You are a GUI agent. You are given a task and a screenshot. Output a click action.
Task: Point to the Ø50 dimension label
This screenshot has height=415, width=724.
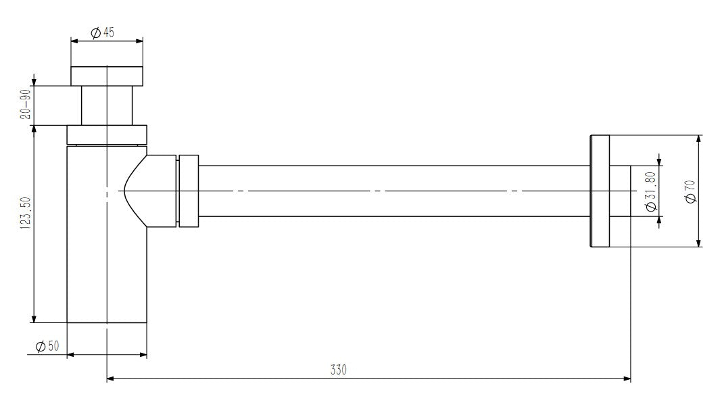point(47,346)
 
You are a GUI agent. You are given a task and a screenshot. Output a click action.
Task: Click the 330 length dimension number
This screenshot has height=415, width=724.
point(338,370)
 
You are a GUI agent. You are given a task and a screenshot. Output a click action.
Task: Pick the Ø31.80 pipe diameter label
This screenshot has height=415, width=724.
point(651,191)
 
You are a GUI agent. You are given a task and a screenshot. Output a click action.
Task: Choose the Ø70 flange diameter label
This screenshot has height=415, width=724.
point(690,191)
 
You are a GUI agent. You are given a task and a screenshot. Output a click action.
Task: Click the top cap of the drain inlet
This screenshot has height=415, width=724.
point(107,76)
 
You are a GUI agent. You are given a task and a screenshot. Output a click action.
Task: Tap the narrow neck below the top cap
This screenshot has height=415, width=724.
point(107,105)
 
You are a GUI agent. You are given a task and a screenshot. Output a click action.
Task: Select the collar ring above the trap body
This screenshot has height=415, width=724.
point(107,134)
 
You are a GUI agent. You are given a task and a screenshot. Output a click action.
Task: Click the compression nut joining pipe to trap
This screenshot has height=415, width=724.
point(188,191)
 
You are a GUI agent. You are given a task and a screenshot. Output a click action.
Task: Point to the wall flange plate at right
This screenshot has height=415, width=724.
point(600,191)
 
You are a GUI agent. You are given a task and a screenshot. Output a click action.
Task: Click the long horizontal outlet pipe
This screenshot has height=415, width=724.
point(392,191)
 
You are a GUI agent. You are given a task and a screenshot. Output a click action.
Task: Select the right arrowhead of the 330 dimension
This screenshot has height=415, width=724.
point(627,379)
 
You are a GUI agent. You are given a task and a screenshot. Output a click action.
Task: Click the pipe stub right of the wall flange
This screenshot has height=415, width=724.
point(620,191)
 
